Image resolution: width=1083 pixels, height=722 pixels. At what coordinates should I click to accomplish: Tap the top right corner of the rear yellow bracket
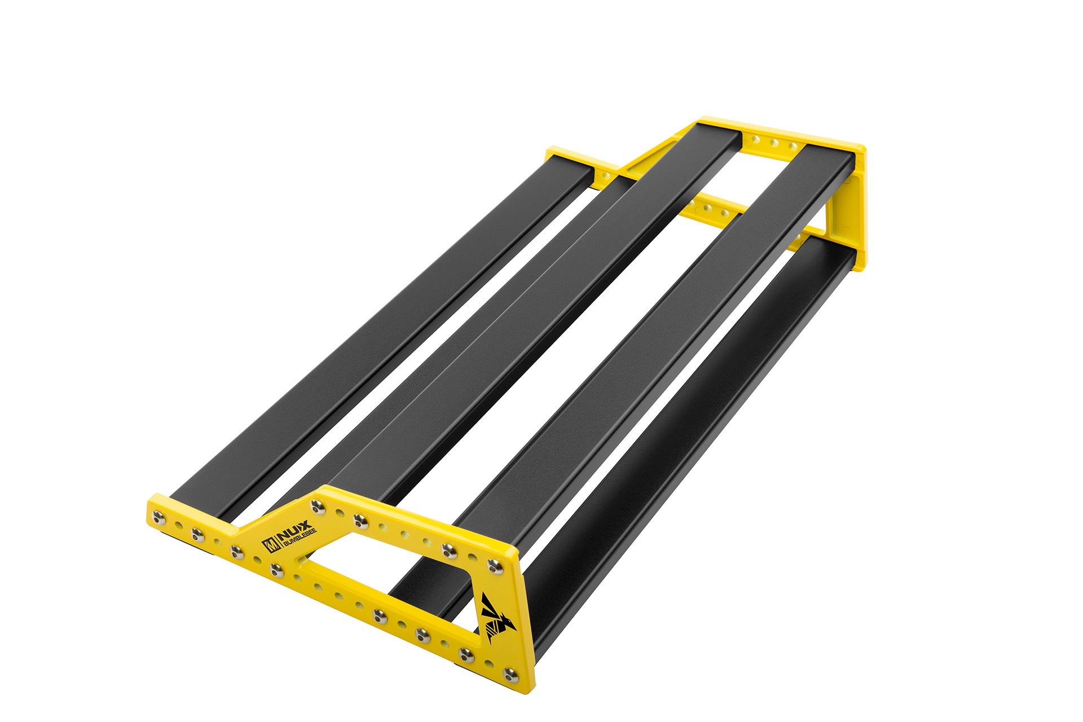pos(861,148)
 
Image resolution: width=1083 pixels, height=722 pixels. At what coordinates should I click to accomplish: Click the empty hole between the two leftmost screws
pos(179,525)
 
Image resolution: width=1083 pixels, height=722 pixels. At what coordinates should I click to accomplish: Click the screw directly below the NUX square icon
pos(276,569)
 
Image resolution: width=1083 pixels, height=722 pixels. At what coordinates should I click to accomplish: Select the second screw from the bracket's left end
pos(197,533)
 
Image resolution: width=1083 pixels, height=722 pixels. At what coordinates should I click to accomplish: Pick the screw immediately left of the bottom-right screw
pos(466,654)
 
